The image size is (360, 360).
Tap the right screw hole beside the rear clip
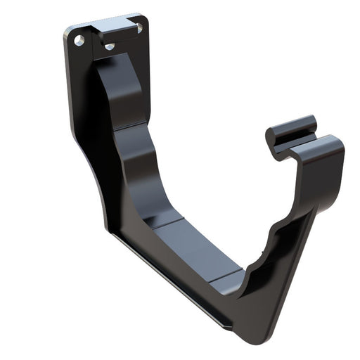139,28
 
